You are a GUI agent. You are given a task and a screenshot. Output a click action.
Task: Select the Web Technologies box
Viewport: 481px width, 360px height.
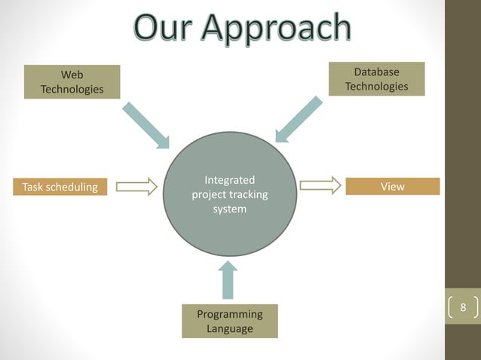[72, 82]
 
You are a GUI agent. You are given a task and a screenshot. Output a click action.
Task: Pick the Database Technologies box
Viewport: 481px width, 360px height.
[377, 79]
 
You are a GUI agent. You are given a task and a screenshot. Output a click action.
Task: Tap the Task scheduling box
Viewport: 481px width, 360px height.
[60, 187]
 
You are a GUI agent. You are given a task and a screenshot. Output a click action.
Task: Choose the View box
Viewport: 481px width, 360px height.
[392, 186]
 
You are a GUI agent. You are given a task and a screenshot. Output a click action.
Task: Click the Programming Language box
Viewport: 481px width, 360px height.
[229, 321]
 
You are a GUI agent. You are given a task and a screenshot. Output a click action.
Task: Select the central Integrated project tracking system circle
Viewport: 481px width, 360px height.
[229, 195]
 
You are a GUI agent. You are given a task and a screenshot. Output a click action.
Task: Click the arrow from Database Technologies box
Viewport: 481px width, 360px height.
[299, 119]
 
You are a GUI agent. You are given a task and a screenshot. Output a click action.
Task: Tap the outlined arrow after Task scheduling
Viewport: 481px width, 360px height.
[136, 186]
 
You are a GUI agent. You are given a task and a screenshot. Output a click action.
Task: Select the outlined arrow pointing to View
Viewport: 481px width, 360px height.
[320, 185]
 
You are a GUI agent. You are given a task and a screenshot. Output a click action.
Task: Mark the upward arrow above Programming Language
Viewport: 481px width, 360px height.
[228, 280]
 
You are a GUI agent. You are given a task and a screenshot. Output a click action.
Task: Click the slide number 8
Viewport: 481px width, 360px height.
[463, 308]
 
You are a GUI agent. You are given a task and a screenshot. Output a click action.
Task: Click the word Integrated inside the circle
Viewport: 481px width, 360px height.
[229, 181]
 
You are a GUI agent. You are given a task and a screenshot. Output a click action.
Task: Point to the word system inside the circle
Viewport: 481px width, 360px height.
[229, 209]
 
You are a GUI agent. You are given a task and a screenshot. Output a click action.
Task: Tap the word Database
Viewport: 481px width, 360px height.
[377, 72]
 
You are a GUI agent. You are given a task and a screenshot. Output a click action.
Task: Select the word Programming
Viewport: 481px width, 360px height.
[229, 314]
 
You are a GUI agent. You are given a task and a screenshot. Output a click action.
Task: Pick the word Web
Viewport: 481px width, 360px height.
[72, 75]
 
